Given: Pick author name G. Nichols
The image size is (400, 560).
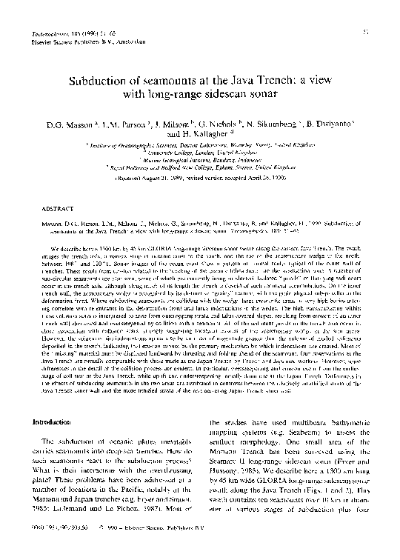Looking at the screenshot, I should tap(238, 124).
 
